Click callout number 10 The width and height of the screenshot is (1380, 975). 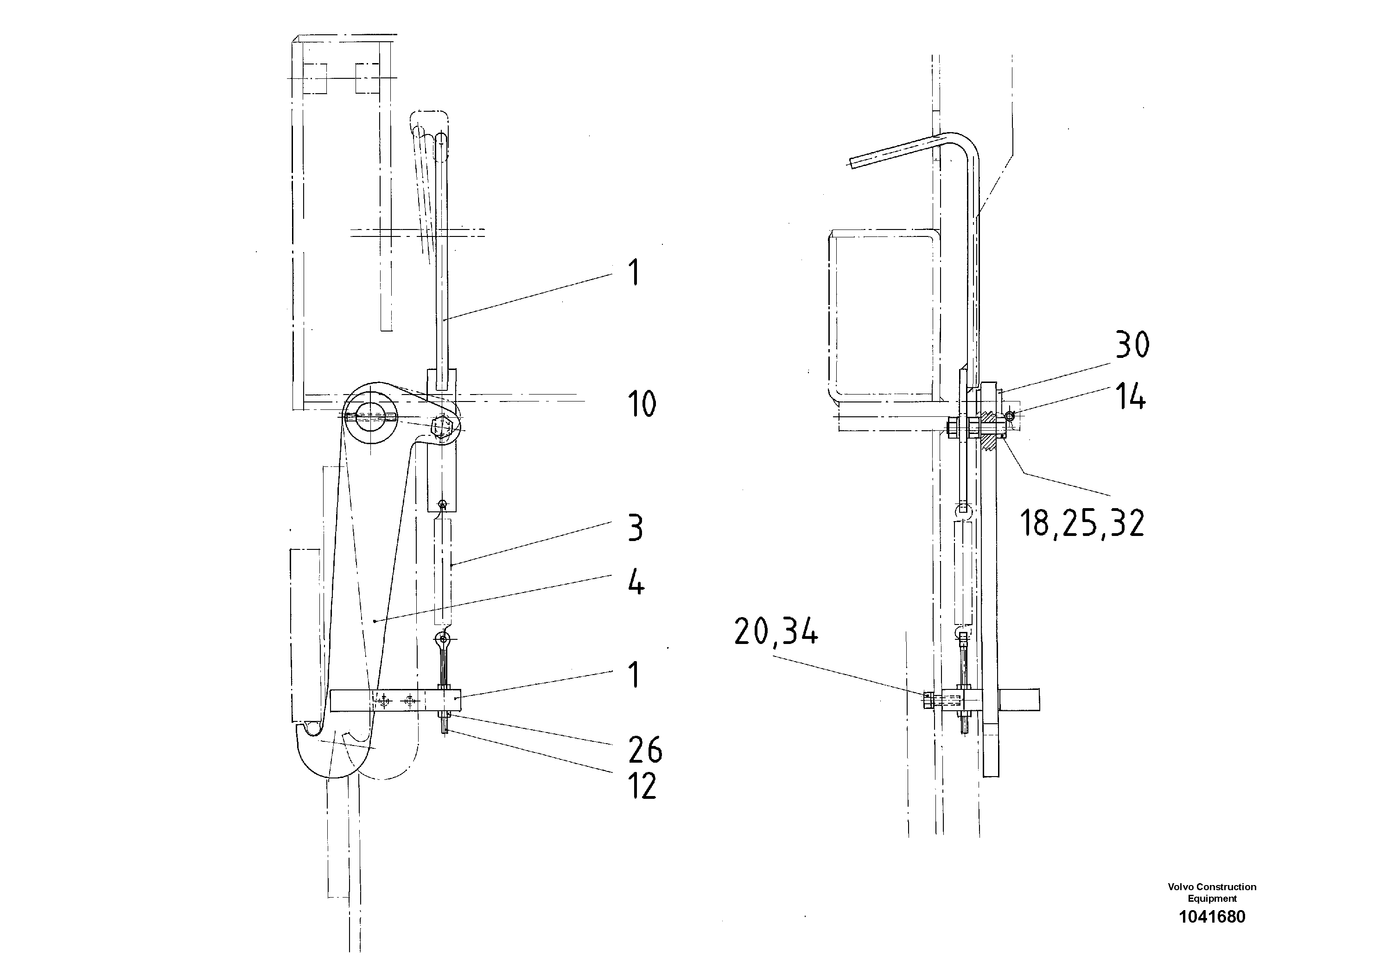tap(641, 404)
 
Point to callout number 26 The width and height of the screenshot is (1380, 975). tap(645, 750)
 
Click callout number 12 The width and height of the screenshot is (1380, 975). tap(642, 786)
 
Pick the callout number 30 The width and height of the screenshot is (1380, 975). tap(1132, 345)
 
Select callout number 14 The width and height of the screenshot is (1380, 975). tap(1130, 397)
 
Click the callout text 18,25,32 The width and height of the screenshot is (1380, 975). tap(1082, 523)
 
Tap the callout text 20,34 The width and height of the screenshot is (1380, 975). tap(776, 633)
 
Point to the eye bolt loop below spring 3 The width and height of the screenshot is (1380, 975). tap(443, 638)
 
